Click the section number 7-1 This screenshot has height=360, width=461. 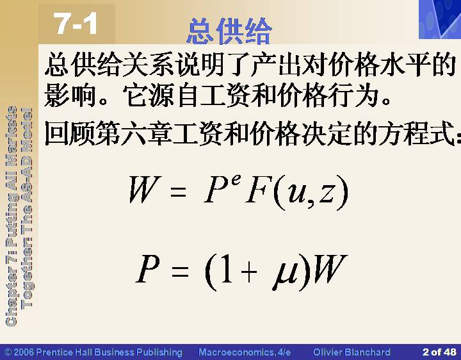pos(76,24)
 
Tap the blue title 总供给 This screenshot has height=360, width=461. pos(229,31)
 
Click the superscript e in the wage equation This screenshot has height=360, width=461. pos(236,179)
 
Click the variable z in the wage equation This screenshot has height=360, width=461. pos(327,193)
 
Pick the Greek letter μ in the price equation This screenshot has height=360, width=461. pos(284,275)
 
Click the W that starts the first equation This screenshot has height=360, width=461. pos(145,189)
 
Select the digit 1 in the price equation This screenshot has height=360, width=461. pos(227,268)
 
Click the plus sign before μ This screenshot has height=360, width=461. pos(249,272)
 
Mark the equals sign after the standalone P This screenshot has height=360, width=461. pos(180,271)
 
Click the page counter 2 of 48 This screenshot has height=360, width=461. pos(439,352)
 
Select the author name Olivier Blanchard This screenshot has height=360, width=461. pos(352,352)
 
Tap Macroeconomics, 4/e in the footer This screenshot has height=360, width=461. pos(245,352)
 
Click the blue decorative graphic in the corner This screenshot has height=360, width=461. pos(440,19)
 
